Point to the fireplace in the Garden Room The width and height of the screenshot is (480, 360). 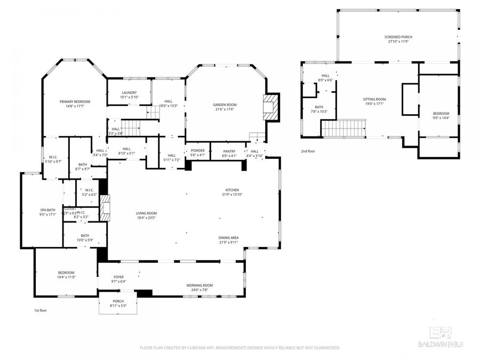click(272, 107)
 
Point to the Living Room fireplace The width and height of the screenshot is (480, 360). click(105, 208)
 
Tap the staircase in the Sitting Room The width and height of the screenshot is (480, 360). click(345, 129)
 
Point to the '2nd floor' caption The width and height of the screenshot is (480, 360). click(308, 151)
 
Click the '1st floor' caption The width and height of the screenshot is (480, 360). click(41, 310)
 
